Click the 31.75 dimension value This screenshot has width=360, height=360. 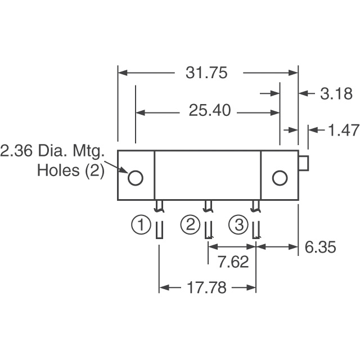(208, 74)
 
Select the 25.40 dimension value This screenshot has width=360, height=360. (210, 111)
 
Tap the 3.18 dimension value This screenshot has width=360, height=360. (336, 93)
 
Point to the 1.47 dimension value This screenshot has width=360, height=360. (343, 130)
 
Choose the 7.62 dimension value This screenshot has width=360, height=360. (232, 262)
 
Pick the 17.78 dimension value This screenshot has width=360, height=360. (207, 288)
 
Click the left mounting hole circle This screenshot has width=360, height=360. (136, 178)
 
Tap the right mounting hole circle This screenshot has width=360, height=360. (279, 178)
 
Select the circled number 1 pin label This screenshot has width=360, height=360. (141, 226)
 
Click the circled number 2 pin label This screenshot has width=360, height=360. (190, 226)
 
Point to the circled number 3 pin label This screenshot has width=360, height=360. (238, 226)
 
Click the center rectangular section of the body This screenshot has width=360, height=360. (208, 175)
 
